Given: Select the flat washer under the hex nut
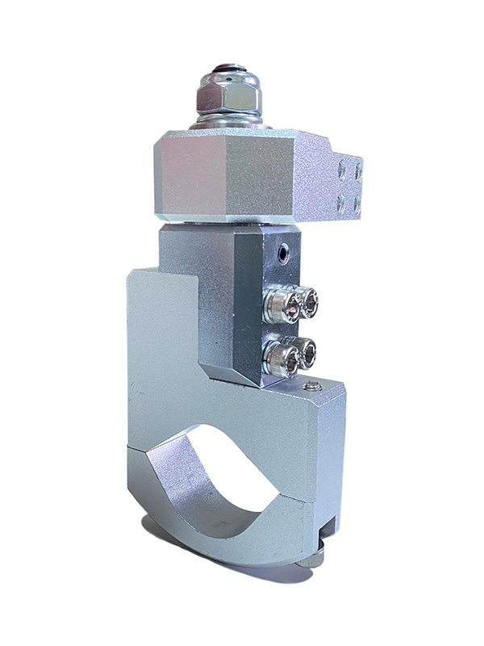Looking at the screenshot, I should (x=228, y=121).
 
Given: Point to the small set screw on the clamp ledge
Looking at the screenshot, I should (x=313, y=390).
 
